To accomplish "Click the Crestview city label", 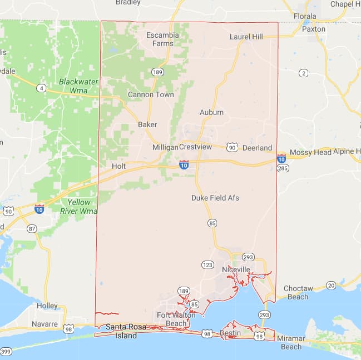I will point(196,147).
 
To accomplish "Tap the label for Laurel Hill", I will point(246,37).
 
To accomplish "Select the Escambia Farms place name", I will point(163,39).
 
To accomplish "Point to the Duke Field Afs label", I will point(215,198).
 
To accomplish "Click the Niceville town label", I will point(236,269).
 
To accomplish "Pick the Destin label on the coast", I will point(230,333).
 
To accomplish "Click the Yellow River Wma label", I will point(78,206).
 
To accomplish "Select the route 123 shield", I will point(207,265).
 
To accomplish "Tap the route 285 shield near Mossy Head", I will point(283,168).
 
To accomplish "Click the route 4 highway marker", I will point(41,88).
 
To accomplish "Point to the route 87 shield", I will point(32,228).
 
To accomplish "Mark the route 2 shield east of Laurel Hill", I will point(303,73).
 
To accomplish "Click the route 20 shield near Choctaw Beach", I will point(331,285).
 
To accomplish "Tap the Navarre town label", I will point(44,323).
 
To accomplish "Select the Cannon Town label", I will point(151,94).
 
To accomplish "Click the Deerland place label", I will point(258,148).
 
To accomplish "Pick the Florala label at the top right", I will point(305,16).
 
